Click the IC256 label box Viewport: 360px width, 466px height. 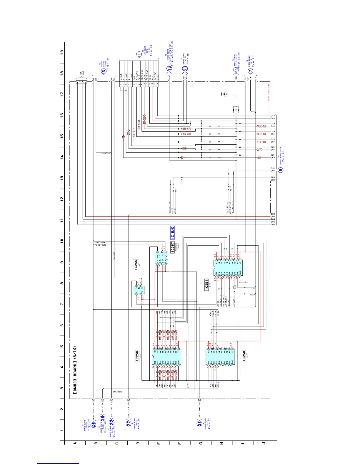coord(137,356)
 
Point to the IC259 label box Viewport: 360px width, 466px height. coord(207,285)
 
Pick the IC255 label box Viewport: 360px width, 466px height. coord(136,264)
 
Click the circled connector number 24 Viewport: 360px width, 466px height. coord(94,425)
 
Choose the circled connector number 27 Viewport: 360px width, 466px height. coord(129,423)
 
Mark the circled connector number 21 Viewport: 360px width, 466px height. coord(199,424)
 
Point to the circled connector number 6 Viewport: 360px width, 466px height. coord(104,71)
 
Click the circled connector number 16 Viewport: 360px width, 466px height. coord(169,68)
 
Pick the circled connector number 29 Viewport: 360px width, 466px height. coord(185,68)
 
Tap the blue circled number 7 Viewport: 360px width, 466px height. coord(250,71)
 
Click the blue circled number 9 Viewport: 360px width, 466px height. coord(281,170)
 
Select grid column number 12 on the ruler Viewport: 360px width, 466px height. coord(62,199)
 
